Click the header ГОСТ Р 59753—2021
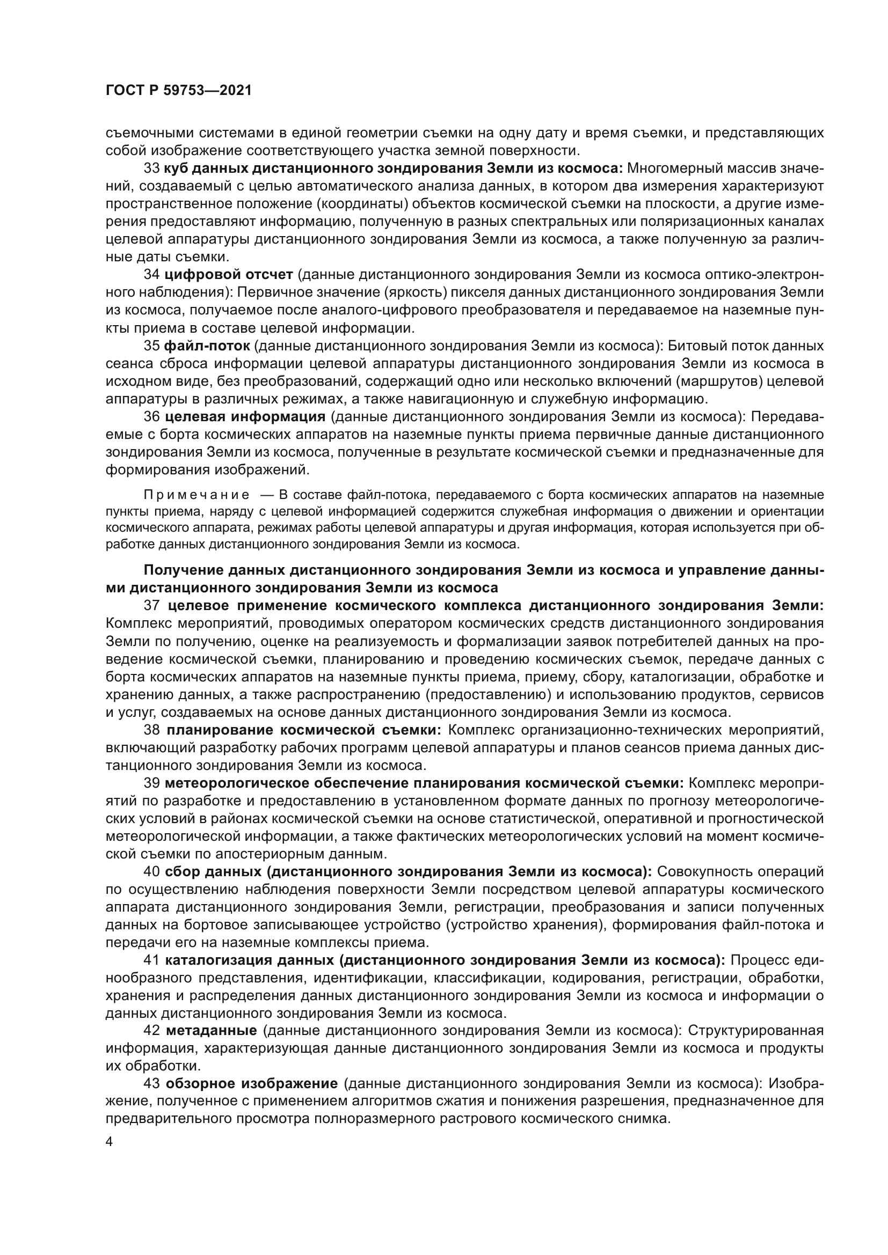(x=178, y=90)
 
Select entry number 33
(x=151, y=168)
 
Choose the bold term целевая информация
(x=245, y=416)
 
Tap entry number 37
(x=151, y=606)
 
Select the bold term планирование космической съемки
(x=304, y=730)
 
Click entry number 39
(x=151, y=783)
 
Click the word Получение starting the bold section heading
(x=183, y=570)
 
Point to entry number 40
(x=151, y=872)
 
